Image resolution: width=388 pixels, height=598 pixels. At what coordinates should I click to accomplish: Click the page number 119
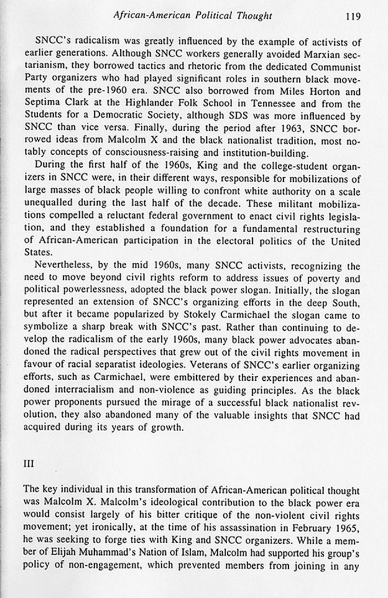coord(353,16)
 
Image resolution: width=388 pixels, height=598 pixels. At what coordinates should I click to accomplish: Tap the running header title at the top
coord(192,16)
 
